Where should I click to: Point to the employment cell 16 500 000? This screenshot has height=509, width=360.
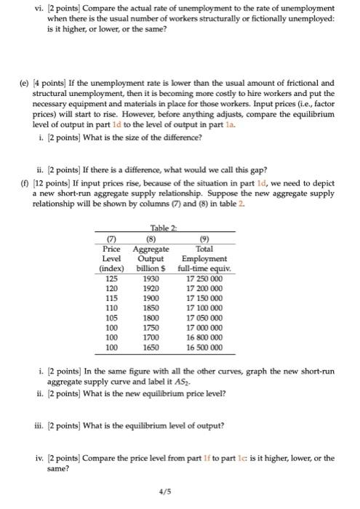pyautogui.click(x=206, y=349)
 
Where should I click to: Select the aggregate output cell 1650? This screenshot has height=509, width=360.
pyautogui.click(x=153, y=349)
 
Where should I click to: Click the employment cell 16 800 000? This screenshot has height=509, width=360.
pyautogui.click(x=206, y=339)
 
